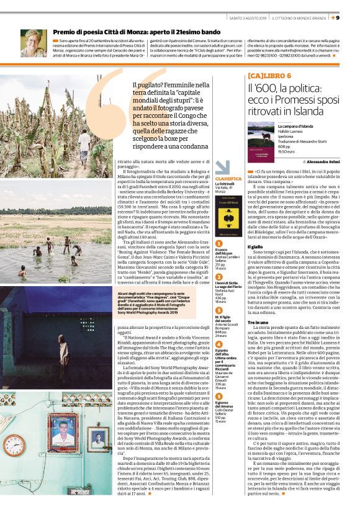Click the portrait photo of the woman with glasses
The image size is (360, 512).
[32, 43]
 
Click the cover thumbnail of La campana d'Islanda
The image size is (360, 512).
[261, 141]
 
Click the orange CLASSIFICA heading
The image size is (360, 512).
[212, 178]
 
